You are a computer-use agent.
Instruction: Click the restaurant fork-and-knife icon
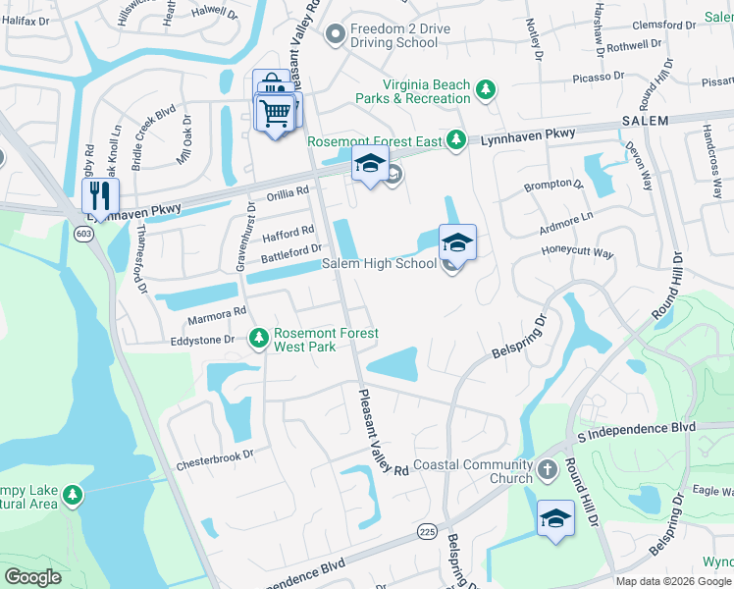click(100, 193)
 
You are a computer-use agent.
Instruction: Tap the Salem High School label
click(380, 264)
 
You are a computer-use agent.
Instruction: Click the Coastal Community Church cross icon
click(548, 470)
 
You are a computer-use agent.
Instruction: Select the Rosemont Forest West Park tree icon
click(258, 338)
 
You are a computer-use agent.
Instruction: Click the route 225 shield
click(426, 531)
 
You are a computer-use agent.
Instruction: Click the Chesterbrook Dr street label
click(215, 455)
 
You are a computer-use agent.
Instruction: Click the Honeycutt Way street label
click(577, 253)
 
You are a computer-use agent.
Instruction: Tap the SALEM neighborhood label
click(645, 121)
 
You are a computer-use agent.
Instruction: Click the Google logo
click(32, 576)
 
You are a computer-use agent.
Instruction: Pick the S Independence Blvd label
click(636, 429)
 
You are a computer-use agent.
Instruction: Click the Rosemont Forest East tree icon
click(455, 141)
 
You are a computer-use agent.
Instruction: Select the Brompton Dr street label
click(553, 184)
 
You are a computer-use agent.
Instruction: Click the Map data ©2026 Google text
click(674, 581)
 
